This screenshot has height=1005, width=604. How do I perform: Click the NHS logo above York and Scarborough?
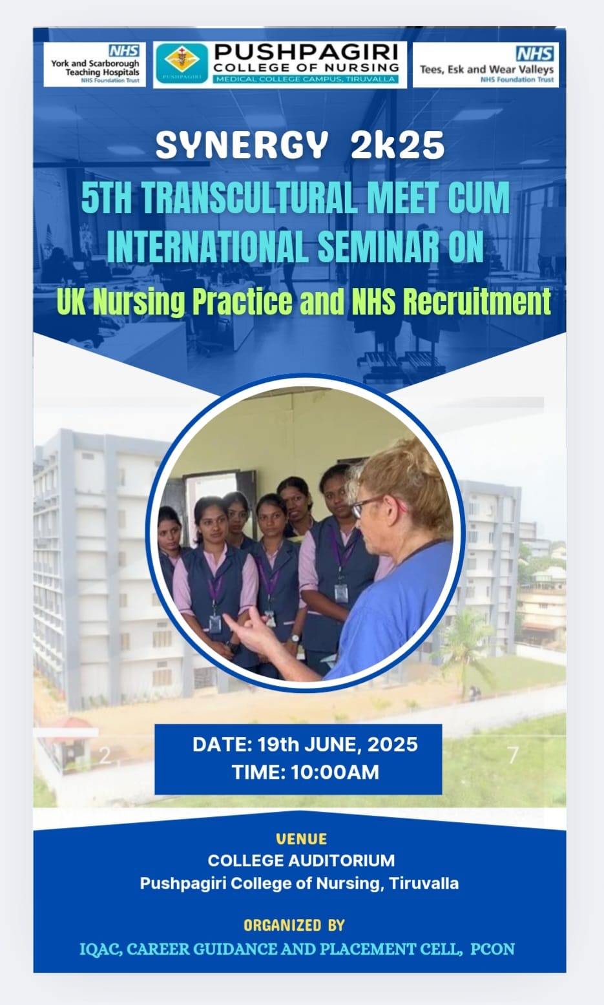click(x=124, y=50)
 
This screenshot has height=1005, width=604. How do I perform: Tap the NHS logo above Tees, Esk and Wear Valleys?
click(x=534, y=54)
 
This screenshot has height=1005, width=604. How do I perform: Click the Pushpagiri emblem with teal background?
click(x=182, y=64)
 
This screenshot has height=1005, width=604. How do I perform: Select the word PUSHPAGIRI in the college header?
click(x=306, y=52)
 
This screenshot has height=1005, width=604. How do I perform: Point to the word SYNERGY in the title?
click(x=239, y=145)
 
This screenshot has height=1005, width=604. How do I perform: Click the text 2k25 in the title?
click(x=397, y=145)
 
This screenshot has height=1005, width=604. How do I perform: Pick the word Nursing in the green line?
click(x=139, y=302)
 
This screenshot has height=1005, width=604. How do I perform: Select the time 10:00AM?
click(x=335, y=772)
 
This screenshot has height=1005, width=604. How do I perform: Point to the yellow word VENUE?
click(x=302, y=838)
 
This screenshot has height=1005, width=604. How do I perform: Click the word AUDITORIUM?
click(x=342, y=860)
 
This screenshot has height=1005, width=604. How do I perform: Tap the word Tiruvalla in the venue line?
click(x=424, y=883)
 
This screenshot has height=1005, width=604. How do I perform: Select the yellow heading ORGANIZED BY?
click(x=294, y=925)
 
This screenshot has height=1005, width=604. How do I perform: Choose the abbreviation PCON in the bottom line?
click(x=492, y=949)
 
